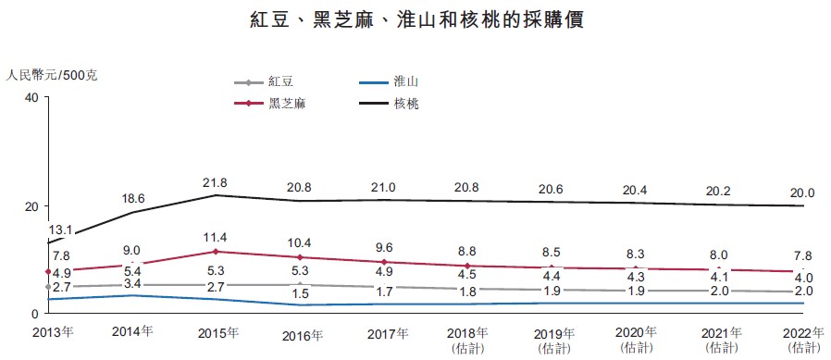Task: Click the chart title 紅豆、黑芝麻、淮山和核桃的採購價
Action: tap(417, 20)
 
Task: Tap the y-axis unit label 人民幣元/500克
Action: tap(52, 75)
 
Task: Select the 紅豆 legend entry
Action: tap(264, 82)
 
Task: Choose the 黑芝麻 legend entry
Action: tap(270, 104)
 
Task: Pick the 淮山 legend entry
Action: tap(389, 82)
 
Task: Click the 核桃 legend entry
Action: tap(389, 104)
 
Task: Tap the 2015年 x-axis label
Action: tap(218, 333)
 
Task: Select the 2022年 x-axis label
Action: tap(803, 333)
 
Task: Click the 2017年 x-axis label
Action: tap(388, 334)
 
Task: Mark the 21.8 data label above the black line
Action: tap(216, 183)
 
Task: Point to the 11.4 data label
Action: tap(216, 237)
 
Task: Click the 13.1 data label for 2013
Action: tap(60, 230)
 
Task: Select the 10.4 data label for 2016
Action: tap(300, 243)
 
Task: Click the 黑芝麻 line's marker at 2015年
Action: tap(217, 252)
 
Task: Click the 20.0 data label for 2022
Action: tap(802, 192)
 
